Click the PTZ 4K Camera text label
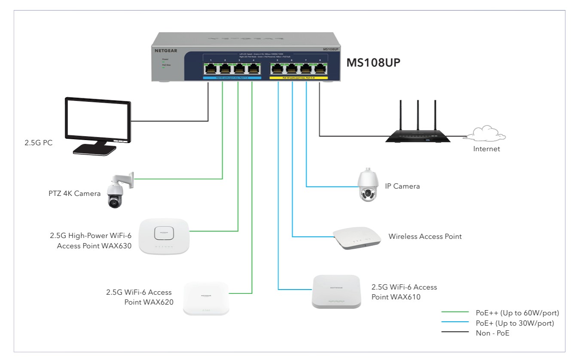74,193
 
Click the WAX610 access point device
336,291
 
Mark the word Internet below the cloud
487,149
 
